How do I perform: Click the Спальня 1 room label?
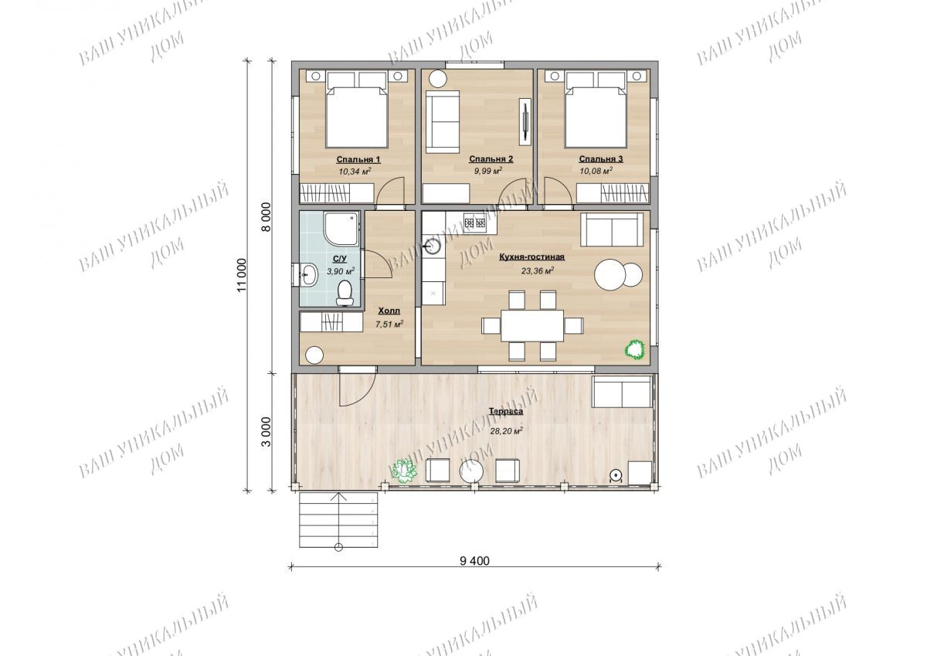[x=358, y=159]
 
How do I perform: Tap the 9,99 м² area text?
[x=488, y=171]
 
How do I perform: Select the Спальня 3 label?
[x=600, y=159]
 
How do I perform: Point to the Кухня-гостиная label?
[x=531, y=257]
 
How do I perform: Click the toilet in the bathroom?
[x=345, y=293]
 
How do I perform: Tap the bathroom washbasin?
[x=307, y=274]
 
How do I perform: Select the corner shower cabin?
[x=341, y=229]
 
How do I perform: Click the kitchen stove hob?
[x=474, y=223]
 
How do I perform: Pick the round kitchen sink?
[x=433, y=246]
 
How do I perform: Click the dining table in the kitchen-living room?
[x=532, y=325]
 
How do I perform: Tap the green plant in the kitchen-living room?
[x=635, y=349]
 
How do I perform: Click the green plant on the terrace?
[x=403, y=471]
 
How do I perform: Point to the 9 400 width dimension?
[x=474, y=561]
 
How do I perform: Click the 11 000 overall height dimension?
[x=242, y=275]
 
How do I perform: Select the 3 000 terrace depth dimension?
[x=267, y=432]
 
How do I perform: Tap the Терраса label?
[x=506, y=411]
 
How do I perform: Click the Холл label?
[x=389, y=311]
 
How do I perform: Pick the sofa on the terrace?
[x=622, y=392]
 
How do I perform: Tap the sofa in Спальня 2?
[x=443, y=122]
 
